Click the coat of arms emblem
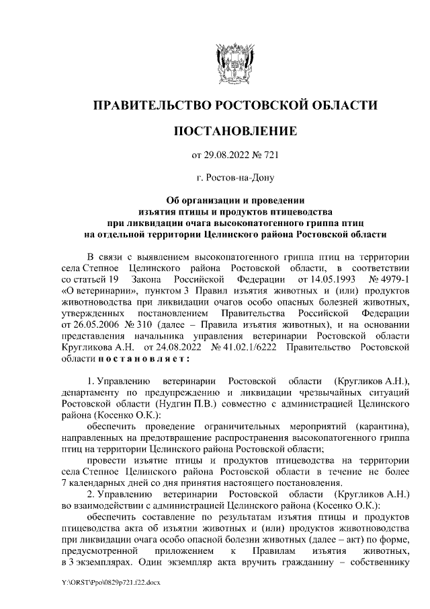click(234, 62)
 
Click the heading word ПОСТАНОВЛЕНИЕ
click(234, 129)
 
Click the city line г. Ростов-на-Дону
click(234, 178)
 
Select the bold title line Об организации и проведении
click(234, 200)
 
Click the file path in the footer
click(111, 581)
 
